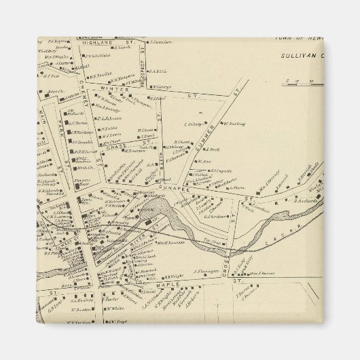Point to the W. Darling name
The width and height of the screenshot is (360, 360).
point(232,124)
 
